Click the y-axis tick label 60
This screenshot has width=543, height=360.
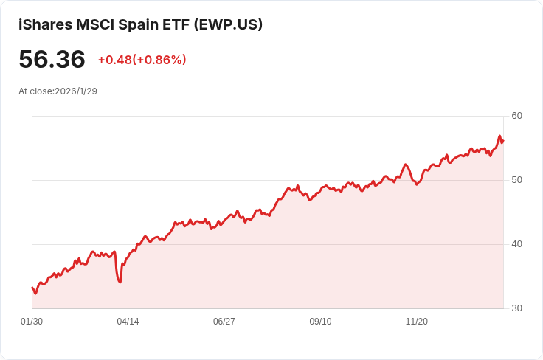point(516,116)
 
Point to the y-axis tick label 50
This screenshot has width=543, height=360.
point(516,180)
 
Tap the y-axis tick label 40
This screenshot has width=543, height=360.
point(516,244)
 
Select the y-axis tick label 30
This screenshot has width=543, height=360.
point(516,308)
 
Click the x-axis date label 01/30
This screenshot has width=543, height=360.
point(32,322)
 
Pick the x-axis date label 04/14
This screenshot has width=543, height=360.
point(128,322)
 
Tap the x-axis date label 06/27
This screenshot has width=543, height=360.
point(224,322)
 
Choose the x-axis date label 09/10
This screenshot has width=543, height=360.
point(320,322)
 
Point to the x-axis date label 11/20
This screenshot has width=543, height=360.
point(417,322)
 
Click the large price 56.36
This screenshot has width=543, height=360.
point(52,60)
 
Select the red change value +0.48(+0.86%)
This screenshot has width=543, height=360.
point(142,60)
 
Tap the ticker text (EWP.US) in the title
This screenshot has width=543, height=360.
point(227,24)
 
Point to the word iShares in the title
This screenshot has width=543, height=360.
point(45,24)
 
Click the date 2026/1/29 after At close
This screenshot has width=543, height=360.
point(76,91)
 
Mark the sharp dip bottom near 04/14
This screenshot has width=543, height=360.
point(120,282)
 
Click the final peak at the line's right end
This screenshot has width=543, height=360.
point(499,136)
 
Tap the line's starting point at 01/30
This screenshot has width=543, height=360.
point(32,288)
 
